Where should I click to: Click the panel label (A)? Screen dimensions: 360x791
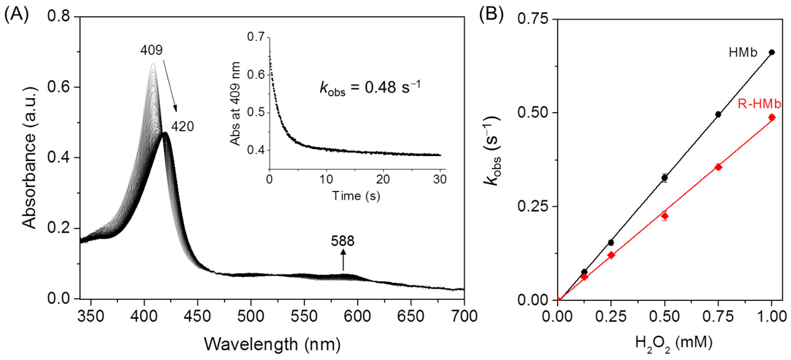pyautogui.click(x=17, y=15)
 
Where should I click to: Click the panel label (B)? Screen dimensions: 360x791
pyautogui.click(x=492, y=15)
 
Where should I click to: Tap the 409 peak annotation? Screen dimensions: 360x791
pyautogui.click(x=151, y=50)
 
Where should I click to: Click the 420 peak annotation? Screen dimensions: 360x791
pyautogui.click(x=182, y=127)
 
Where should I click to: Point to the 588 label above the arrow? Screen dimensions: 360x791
pyautogui.click(x=343, y=241)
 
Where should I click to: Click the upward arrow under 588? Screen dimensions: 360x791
pyautogui.click(x=343, y=260)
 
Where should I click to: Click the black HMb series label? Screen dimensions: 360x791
pyautogui.click(x=743, y=53)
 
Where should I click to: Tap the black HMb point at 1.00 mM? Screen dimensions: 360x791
pyautogui.click(x=772, y=52)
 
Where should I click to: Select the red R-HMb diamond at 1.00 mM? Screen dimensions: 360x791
pyautogui.click(x=772, y=117)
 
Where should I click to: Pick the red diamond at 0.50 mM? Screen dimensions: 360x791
pyautogui.click(x=665, y=216)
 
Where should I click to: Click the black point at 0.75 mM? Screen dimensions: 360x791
pyautogui.click(x=718, y=115)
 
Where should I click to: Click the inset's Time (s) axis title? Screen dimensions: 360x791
pyautogui.click(x=356, y=195)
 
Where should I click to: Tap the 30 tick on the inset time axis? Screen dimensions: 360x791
pyautogui.click(x=440, y=179)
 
